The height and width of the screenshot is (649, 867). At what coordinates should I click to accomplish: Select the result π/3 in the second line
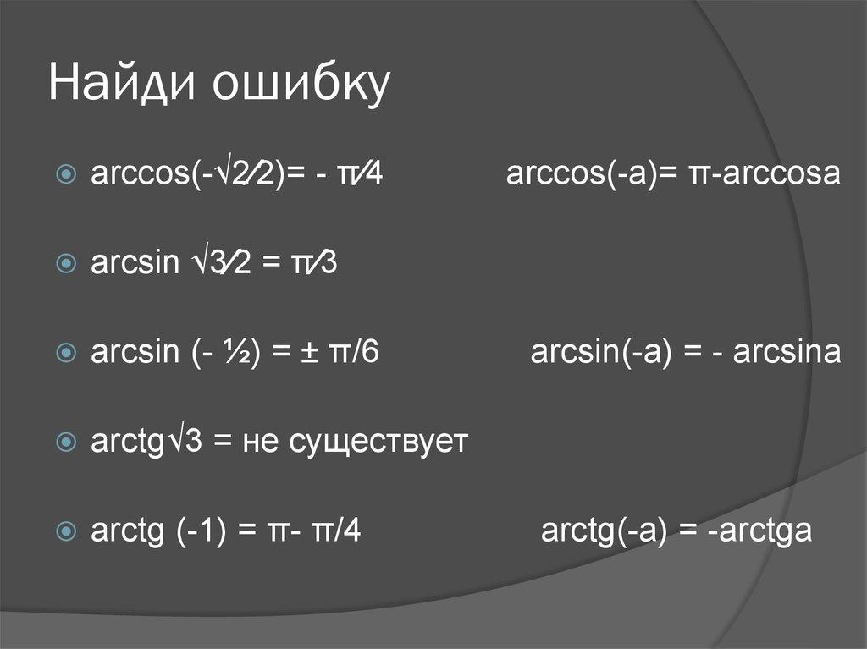[x=314, y=264]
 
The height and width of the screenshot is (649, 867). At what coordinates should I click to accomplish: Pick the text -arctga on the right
[x=761, y=531]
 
